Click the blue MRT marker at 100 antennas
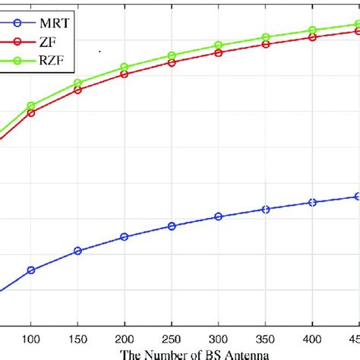(x=31, y=270)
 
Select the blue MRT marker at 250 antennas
(x=172, y=226)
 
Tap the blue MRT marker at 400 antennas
(x=312, y=202)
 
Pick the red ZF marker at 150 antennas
(x=77, y=90)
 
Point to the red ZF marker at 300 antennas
(x=219, y=53)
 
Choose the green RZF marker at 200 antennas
(x=125, y=68)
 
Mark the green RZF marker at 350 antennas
(x=266, y=37)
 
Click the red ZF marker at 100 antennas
(x=31, y=113)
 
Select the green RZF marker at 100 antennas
(x=31, y=106)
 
